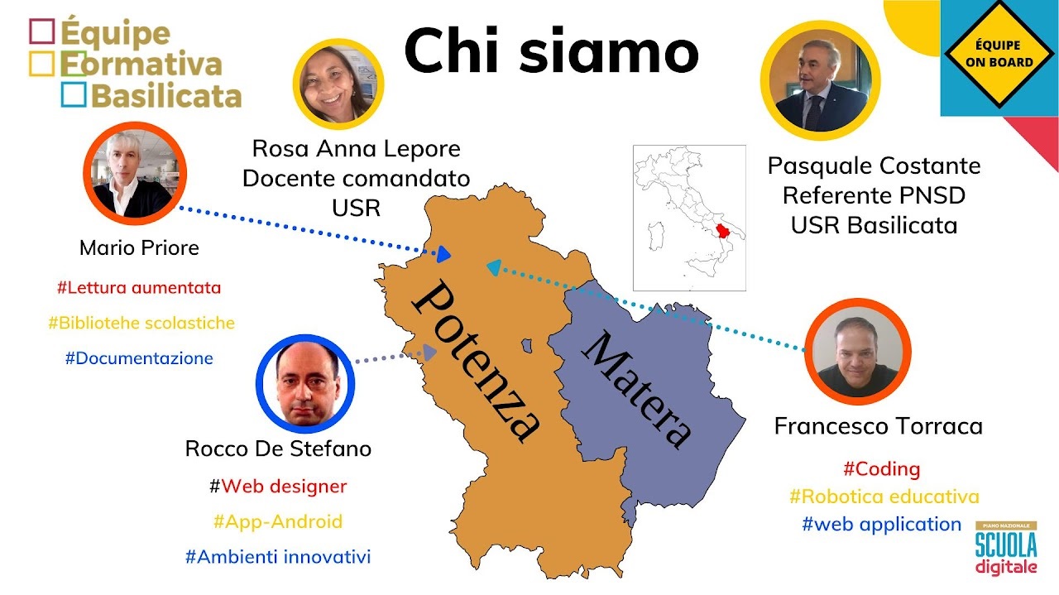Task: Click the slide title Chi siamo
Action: (x=551, y=50)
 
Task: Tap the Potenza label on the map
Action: (x=475, y=361)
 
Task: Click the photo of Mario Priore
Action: (x=135, y=174)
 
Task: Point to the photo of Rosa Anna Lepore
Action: (x=338, y=84)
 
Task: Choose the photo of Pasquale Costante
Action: (x=820, y=80)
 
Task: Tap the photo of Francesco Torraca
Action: (x=858, y=352)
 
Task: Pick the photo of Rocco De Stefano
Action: (x=305, y=384)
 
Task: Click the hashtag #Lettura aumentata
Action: (x=139, y=287)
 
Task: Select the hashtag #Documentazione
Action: (x=139, y=358)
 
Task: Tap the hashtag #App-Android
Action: (x=278, y=521)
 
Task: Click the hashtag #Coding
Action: (x=882, y=469)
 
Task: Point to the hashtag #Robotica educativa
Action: (x=884, y=497)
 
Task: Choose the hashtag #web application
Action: (x=882, y=524)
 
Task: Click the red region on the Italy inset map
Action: (x=723, y=231)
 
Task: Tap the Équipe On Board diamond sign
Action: (x=999, y=54)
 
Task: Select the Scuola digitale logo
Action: (x=1006, y=549)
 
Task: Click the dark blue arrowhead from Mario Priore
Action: (x=443, y=254)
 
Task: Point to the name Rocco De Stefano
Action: (x=278, y=449)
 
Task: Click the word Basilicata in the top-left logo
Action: (x=166, y=96)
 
